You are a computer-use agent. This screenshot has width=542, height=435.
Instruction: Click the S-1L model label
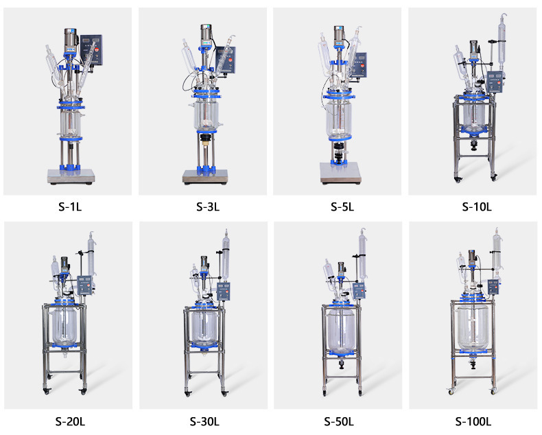click(70, 207)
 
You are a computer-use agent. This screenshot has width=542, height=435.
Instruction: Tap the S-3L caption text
click(208, 207)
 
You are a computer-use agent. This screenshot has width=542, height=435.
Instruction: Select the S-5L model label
click(342, 207)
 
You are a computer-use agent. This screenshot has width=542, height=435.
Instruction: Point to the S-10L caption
click(477, 207)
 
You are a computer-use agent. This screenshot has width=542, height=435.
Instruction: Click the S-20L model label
click(70, 421)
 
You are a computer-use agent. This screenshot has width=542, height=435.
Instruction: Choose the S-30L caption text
click(204, 421)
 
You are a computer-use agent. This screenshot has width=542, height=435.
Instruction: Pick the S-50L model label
click(339, 421)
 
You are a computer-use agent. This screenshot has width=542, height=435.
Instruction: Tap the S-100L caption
click(473, 421)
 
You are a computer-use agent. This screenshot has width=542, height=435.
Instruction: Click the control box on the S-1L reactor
click(91, 50)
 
